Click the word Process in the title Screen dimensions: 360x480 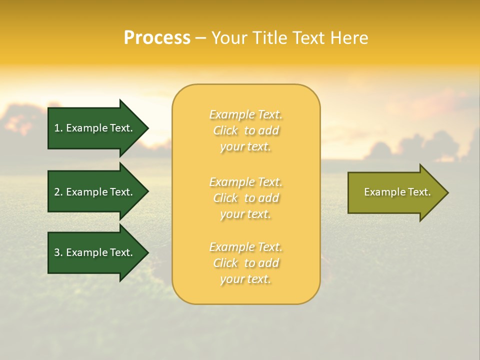tap(157, 37)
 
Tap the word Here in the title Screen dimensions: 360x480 tap(350, 37)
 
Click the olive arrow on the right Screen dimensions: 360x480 tap(395, 192)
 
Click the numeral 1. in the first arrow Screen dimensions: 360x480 tap(58, 128)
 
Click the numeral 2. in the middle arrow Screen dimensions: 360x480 tap(58, 192)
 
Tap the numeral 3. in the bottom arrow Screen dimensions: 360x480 tap(58, 252)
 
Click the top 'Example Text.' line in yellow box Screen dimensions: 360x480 tap(245, 114)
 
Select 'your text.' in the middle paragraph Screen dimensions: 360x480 tap(245, 214)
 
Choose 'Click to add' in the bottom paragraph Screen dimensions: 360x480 tap(245, 263)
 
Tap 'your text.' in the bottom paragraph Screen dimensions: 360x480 tap(245, 279)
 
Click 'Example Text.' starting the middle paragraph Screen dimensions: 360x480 tap(245, 182)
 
